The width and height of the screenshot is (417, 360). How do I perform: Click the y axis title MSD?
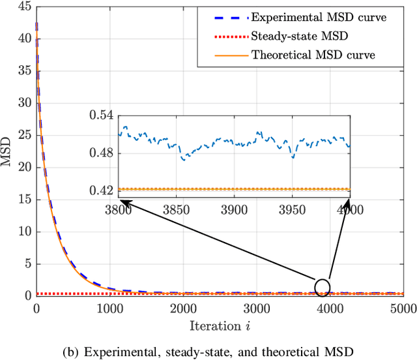(8, 153)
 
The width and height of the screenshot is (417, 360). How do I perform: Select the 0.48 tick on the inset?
(102, 153)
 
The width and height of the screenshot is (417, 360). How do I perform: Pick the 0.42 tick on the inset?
(102, 190)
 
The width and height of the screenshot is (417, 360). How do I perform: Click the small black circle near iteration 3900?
(322, 286)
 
